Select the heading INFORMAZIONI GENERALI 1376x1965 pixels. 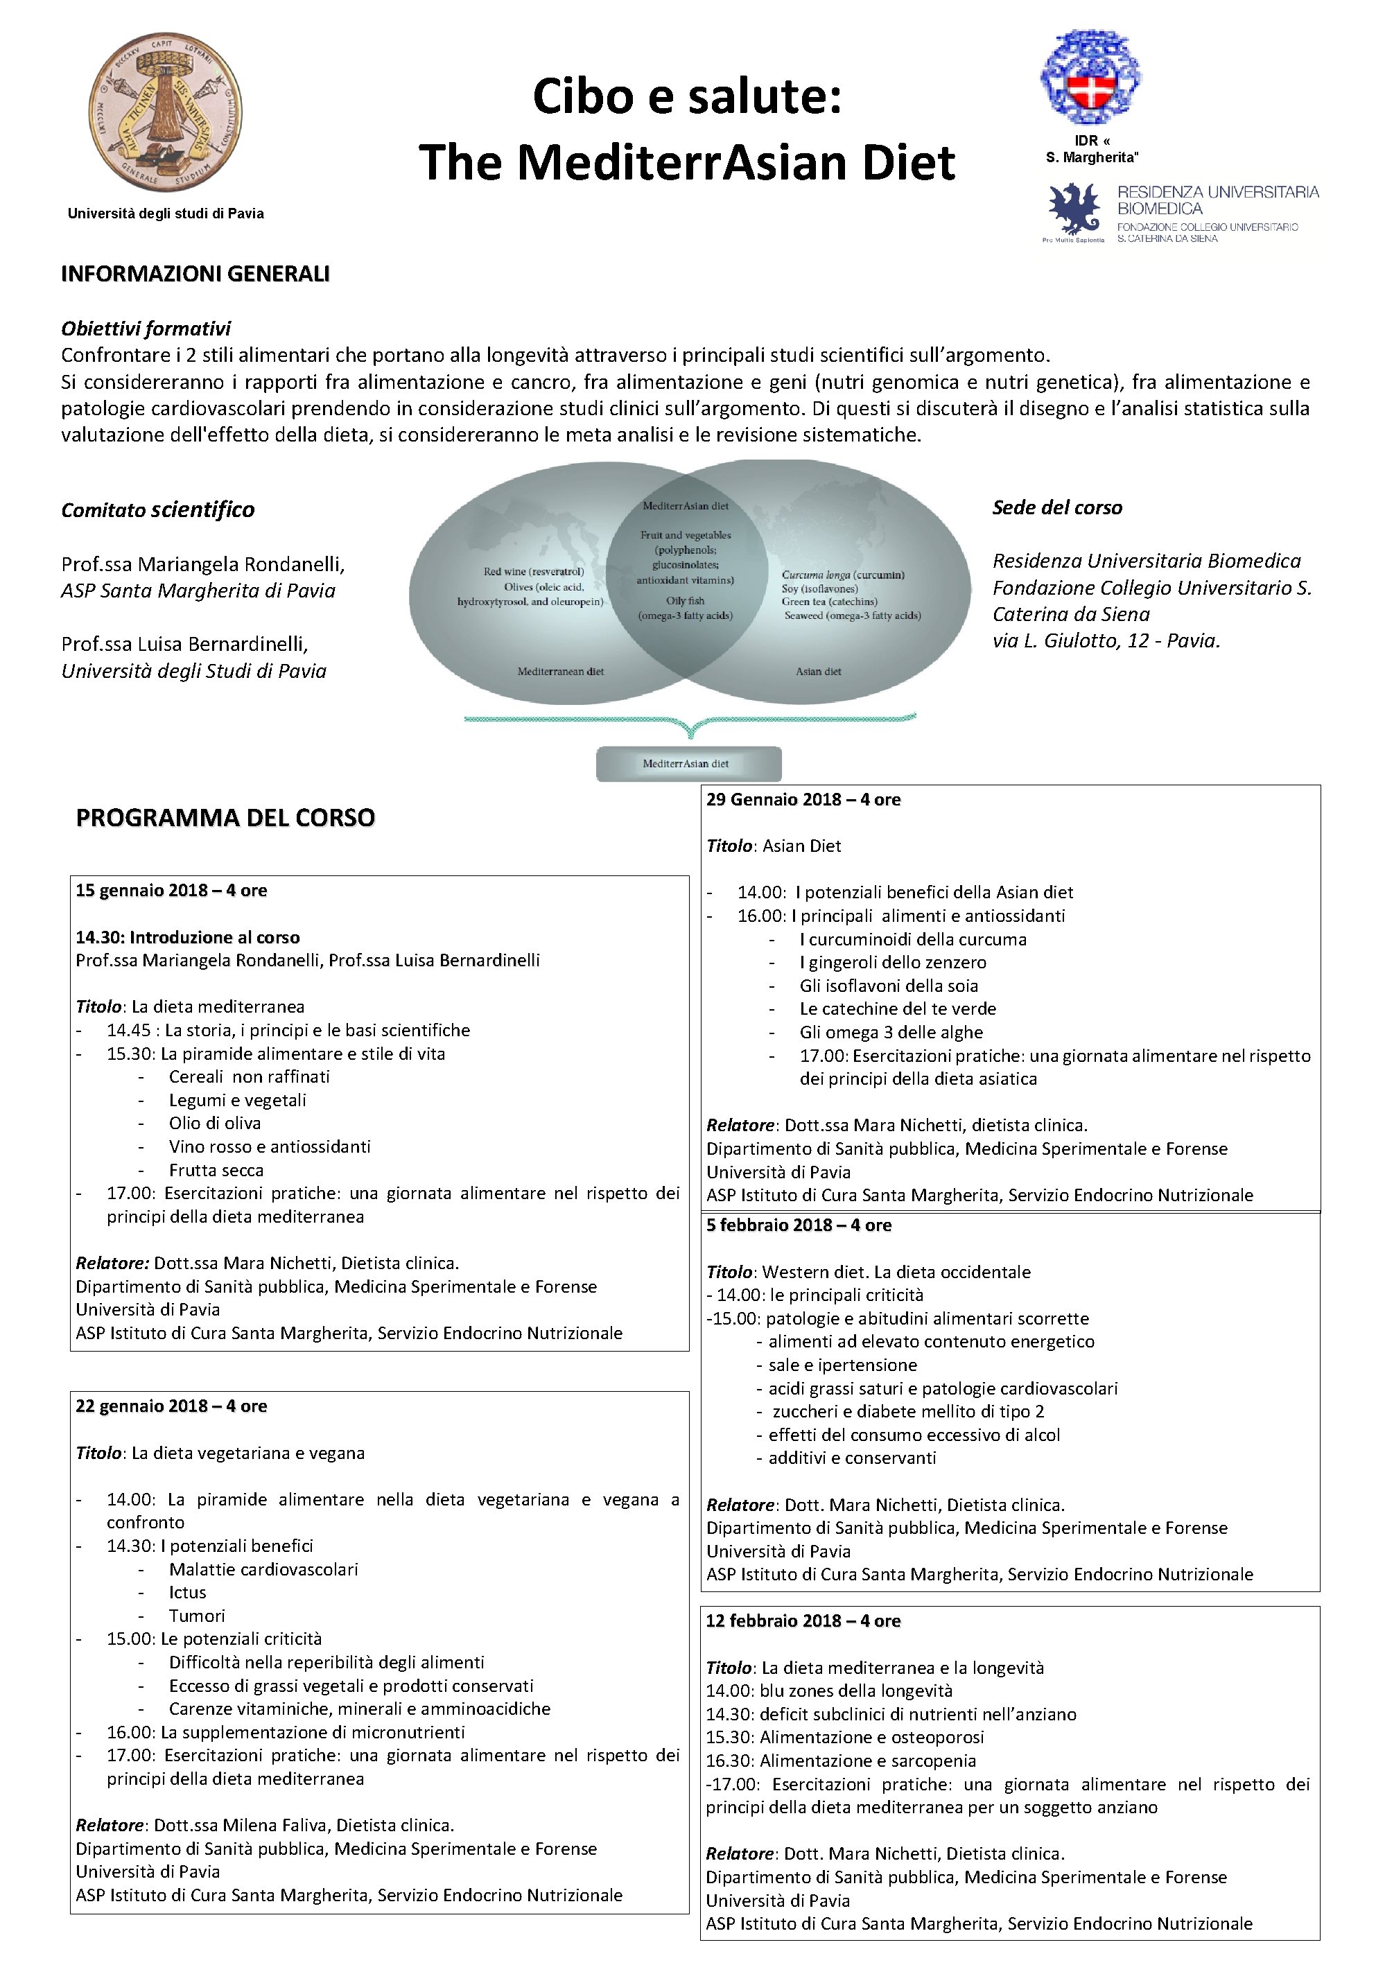click(x=195, y=274)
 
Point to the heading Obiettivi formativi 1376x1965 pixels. click(x=146, y=329)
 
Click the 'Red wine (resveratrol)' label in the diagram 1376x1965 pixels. click(x=533, y=572)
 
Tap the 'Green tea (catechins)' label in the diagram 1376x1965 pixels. click(x=829, y=602)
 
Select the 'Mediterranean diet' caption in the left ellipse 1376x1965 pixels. click(x=561, y=672)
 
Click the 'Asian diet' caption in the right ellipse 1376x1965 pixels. click(x=818, y=672)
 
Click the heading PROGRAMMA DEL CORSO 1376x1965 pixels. click(x=225, y=818)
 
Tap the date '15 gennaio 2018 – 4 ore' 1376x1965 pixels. click(x=171, y=891)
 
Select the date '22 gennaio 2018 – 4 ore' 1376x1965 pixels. click(x=171, y=1406)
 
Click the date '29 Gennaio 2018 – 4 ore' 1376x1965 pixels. click(x=803, y=800)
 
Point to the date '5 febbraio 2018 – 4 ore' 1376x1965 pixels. click(x=799, y=1225)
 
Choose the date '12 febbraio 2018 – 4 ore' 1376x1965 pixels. click(x=803, y=1621)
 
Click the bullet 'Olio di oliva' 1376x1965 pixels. click(x=215, y=1124)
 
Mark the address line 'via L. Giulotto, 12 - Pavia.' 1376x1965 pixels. click(x=1106, y=641)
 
